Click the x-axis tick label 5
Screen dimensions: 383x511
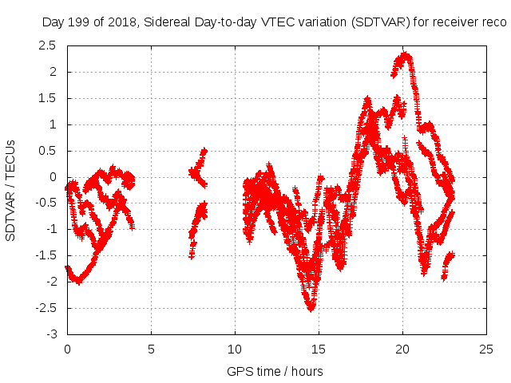pyautogui.click(x=151, y=349)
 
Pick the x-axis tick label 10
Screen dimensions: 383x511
pyautogui.click(x=235, y=349)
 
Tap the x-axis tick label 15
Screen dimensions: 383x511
pyautogui.click(x=319, y=349)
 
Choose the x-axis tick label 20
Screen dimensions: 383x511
pyautogui.click(x=402, y=349)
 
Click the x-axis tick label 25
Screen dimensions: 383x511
pyautogui.click(x=486, y=349)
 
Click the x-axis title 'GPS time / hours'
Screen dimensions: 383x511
pyautogui.click(x=275, y=371)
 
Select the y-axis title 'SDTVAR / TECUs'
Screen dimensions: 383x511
pyautogui.click(x=11, y=189)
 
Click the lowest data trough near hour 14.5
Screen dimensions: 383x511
pyautogui.click(x=311, y=307)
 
